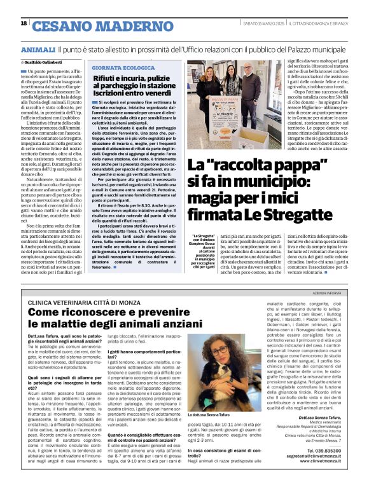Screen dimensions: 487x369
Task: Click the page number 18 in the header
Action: pos(24,24)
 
